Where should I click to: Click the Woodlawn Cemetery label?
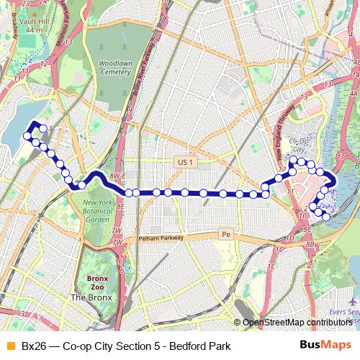(x=115, y=68)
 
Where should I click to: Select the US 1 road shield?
(x=186, y=163)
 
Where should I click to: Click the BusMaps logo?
(x=325, y=346)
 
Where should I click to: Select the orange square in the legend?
(x=9, y=346)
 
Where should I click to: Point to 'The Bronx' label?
(x=88, y=297)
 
